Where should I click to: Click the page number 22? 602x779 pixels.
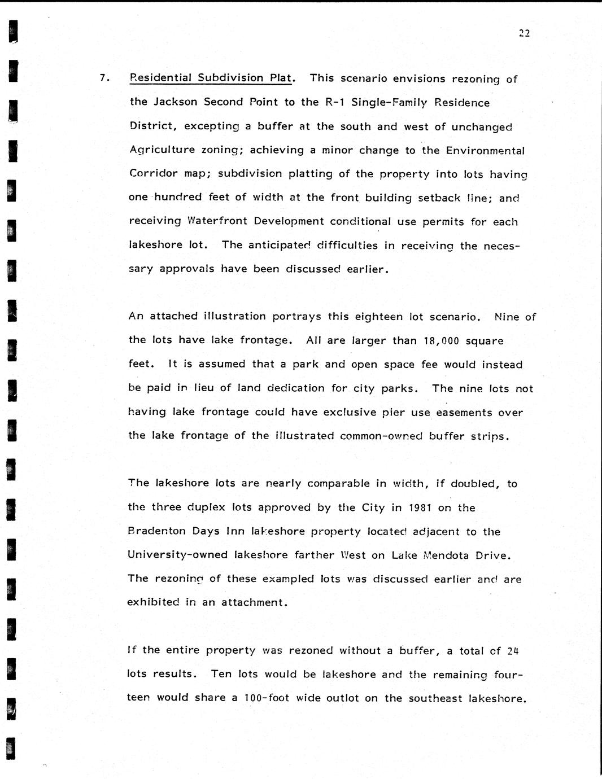[524, 33]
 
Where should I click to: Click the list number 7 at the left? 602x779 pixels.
[103, 78]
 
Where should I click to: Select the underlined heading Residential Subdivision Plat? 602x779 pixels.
[211, 78]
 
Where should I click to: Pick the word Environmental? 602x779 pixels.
[485, 151]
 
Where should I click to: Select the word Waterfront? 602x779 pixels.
[217, 221]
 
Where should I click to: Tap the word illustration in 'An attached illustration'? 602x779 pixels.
[234, 316]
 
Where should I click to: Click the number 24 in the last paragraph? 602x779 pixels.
[513, 651]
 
